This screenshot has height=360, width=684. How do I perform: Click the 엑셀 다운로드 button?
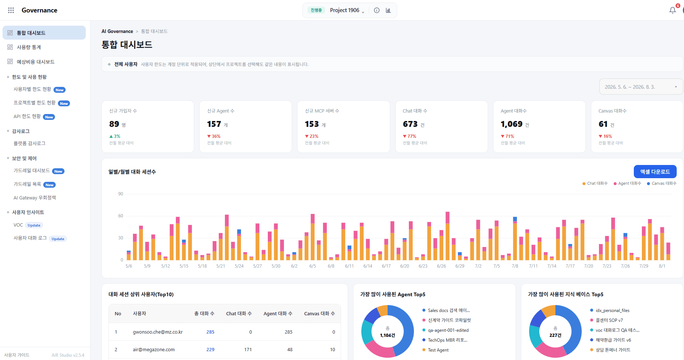(655, 172)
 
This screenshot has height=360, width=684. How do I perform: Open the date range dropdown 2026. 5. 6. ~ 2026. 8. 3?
(641, 87)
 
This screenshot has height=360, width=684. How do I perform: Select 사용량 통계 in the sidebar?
(29, 47)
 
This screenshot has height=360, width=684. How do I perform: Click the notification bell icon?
(673, 10)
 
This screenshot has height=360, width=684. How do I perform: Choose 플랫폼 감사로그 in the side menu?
(30, 143)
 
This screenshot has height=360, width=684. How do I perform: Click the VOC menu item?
(18, 225)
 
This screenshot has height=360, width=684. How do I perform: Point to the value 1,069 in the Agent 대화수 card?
(511, 124)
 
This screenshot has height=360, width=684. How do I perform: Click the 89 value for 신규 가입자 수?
(114, 124)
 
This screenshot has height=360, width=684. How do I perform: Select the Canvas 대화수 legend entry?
(662, 183)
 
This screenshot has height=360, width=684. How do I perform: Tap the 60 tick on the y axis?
(121, 216)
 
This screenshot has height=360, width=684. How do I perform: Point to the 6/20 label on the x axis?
(404, 266)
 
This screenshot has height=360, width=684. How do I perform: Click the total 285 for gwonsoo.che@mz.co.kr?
(210, 332)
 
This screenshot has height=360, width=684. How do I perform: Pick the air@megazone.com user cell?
(154, 350)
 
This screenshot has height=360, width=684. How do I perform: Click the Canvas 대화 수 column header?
(319, 314)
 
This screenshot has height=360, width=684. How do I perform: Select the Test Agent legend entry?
(438, 350)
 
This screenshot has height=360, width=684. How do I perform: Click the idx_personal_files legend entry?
(613, 311)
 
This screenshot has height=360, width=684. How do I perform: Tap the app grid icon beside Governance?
(11, 10)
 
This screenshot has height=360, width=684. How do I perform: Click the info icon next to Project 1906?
(377, 10)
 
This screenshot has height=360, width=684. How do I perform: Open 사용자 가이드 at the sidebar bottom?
(17, 355)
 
